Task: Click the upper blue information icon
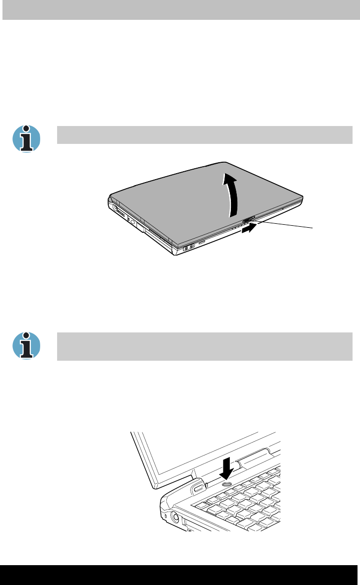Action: pyautogui.click(x=26, y=138)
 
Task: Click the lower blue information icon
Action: pyautogui.click(x=26, y=345)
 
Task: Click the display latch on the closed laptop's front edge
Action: pyautogui.click(x=249, y=219)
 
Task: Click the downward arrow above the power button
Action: pyautogui.click(x=227, y=467)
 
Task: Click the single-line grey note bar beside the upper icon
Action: pyautogui.click(x=205, y=135)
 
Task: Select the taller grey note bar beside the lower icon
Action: pyautogui.click(x=205, y=346)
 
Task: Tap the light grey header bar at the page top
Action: pyautogui.click(x=180, y=10)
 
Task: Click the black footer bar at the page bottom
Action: pyautogui.click(x=180, y=575)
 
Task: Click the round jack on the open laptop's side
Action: pyautogui.click(x=175, y=519)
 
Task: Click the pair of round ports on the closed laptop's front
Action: pyautogui.click(x=189, y=248)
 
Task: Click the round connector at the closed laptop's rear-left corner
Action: pyautogui.click(x=116, y=209)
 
